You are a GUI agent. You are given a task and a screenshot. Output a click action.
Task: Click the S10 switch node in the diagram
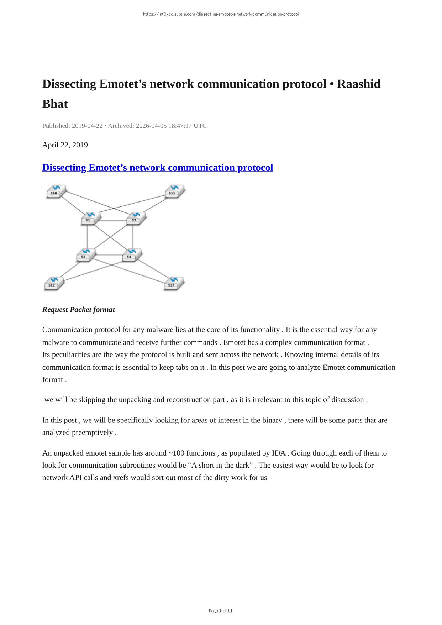pyautogui.click(x=56, y=191)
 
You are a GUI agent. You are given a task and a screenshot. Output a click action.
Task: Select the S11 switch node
pyautogui.click(x=175, y=191)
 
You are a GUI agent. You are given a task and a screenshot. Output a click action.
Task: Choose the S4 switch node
pyautogui.click(x=131, y=254)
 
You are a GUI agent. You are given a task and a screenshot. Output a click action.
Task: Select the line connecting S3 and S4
pyautogui.click(x=109, y=255)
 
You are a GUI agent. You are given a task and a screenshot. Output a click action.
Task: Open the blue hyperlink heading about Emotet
pyautogui.click(x=157, y=168)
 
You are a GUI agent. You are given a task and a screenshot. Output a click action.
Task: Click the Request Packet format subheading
pyautogui.click(x=78, y=310)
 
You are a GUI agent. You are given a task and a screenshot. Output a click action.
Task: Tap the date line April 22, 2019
pyautogui.click(x=65, y=145)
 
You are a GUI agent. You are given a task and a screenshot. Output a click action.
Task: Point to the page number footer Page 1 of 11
pyautogui.click(x=221, y=611)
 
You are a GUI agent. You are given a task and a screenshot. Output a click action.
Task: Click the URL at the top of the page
pyautogui.click(x=221, y=14)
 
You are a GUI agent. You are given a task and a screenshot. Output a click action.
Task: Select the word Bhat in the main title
pyautogui.click(x=55, y=104)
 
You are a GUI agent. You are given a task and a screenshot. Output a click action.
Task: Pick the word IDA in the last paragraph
pyautogui.click(x=279, y=453)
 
